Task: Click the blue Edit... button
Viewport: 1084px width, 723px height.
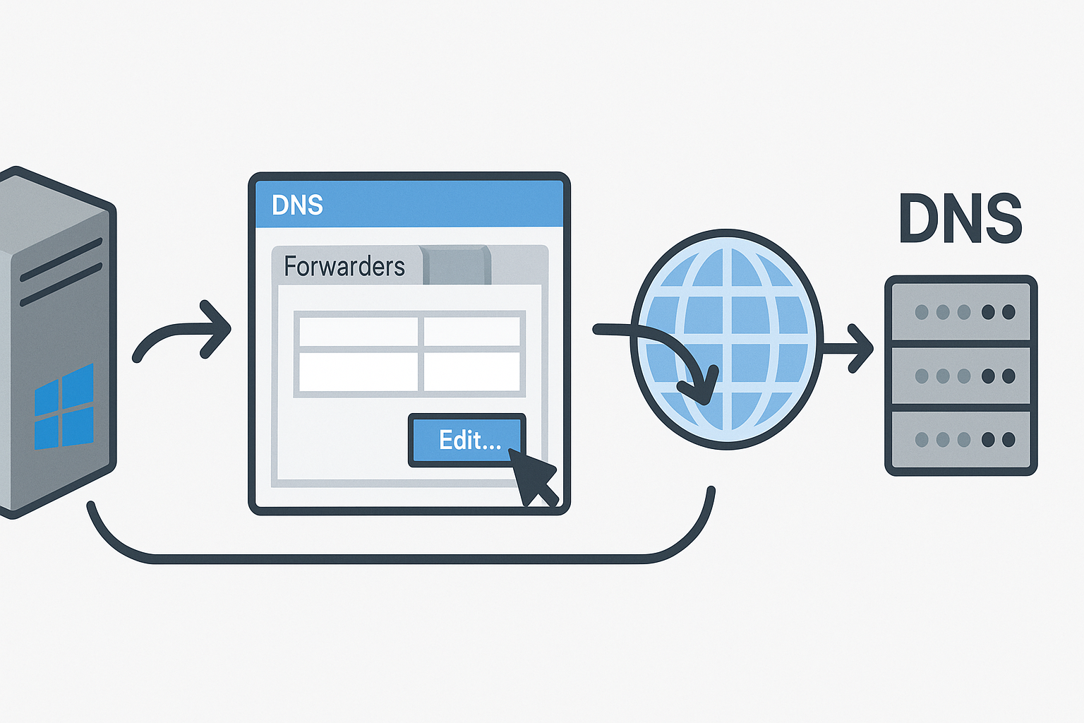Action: [x=467, y=440]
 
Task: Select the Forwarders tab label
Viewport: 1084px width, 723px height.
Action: [x=344, y=266]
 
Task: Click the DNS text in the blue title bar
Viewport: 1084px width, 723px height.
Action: [x=297, y=205]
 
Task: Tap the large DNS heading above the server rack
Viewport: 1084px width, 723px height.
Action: [x=960, y=218]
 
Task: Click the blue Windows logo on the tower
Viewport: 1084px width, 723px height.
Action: [x=64, y=407]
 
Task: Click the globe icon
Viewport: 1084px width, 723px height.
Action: [x=727, y=339]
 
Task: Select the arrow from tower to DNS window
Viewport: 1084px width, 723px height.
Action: [x=181, y=329]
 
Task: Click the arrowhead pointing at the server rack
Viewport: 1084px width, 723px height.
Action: [x=860, y=348]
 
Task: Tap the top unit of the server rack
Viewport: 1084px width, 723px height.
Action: [x=960, y=311]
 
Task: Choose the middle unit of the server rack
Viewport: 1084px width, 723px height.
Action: [x=960, y=376]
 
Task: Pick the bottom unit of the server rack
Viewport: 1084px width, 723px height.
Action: [x=960, y=440]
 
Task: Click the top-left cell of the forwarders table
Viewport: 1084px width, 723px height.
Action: [x=359, y=331]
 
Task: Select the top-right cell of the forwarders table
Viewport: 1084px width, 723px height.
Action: [x=472, y=331]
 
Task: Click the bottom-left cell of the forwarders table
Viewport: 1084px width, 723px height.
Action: [x=359, y=371]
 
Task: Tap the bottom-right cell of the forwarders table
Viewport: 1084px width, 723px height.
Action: [x=472, y=371]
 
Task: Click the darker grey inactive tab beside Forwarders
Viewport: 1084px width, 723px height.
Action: [x=457, y=265]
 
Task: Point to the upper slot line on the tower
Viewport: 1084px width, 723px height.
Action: [x=61, y=260]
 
